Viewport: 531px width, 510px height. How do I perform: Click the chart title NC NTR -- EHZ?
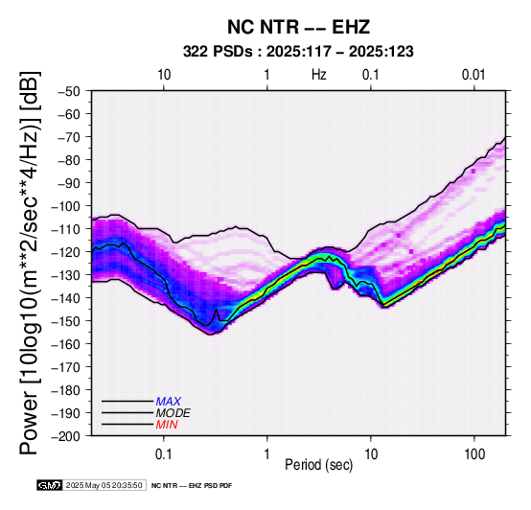[298, 27]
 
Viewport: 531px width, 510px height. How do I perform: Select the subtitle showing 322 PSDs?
[298, 52]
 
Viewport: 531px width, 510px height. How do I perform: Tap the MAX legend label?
[169, 402]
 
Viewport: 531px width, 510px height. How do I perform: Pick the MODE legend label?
[173, 413]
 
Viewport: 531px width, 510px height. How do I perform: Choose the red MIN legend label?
[167, 425]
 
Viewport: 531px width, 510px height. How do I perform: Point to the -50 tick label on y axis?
[69, 91]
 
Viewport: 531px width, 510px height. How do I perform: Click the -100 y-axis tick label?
[66, 206]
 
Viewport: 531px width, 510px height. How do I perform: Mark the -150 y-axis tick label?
[66, 321]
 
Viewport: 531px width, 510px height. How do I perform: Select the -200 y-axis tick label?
[66, 436]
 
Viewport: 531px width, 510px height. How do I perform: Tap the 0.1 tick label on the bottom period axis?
[164, 454]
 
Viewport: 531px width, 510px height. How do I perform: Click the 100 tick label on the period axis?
[474, 454]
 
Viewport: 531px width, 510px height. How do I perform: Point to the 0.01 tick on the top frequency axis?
[474, 75]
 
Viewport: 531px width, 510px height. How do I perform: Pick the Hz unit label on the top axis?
[319, 75]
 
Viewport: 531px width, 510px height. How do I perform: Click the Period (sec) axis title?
[319, 465]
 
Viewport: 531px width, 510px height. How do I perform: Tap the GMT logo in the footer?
[50, 485]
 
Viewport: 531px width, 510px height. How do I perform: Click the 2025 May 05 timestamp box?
[104, 485]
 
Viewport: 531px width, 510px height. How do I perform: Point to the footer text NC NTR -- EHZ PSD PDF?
[192, 486]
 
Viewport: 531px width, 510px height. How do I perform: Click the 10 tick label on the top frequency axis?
[164, 75]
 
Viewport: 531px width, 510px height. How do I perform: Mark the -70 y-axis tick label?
[69, 137]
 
